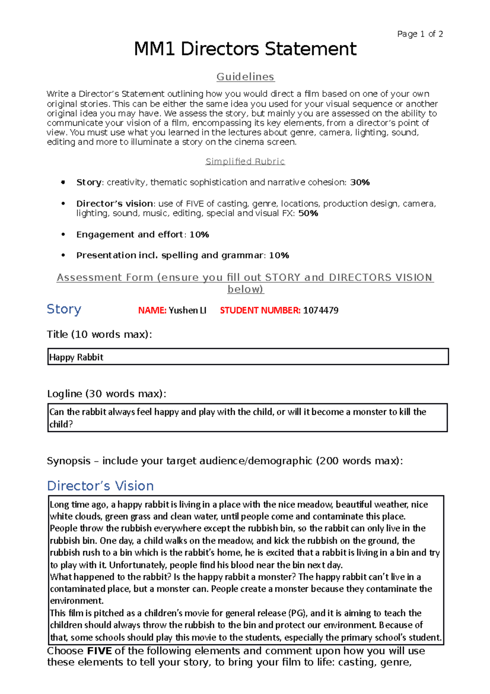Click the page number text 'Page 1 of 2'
(420, 34)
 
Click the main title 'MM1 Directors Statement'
(245, 49)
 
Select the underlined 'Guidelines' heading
(245, 77)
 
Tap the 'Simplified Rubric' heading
(245, 161)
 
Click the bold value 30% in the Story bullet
(360, 182)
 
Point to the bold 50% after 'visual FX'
(308, 213)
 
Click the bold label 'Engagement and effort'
(129, 235)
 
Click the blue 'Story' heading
(64, 309)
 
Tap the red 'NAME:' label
(152, 311)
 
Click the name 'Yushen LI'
(187, 311)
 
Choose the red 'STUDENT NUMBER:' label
(260, 311)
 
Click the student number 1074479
(321, 311)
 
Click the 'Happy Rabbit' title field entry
(76, 357)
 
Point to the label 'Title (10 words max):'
(99, 334)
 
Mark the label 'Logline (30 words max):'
(107, 394)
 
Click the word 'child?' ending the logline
(61, 424)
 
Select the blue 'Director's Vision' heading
(100, 486)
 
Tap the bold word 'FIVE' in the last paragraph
(99, 651)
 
